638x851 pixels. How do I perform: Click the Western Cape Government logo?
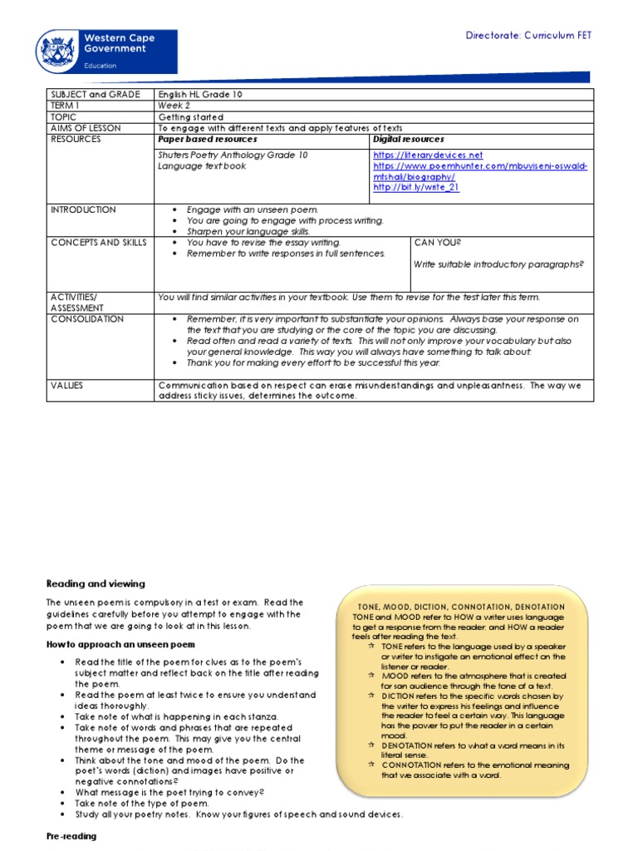coord(106,51)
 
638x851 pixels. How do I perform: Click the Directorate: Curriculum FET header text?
coord(528,36)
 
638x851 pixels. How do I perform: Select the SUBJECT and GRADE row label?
coord(96,95)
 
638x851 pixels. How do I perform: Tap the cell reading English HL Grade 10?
coord(200,95)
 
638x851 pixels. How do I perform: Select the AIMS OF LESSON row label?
coord(86,128)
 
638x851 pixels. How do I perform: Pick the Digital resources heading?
coord(409,140)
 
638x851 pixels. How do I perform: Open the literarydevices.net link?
coord(428,155)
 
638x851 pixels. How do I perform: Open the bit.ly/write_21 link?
coord(416,188)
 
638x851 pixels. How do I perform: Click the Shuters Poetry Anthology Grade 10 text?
coord(233,155)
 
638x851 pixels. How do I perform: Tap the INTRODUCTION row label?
coord(83,209)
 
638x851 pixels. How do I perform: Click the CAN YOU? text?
coord(437,242)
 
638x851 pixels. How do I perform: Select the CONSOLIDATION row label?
coord(87,319)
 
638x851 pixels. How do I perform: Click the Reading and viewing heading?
coord(96,584)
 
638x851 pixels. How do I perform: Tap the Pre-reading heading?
coord(71,836)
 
